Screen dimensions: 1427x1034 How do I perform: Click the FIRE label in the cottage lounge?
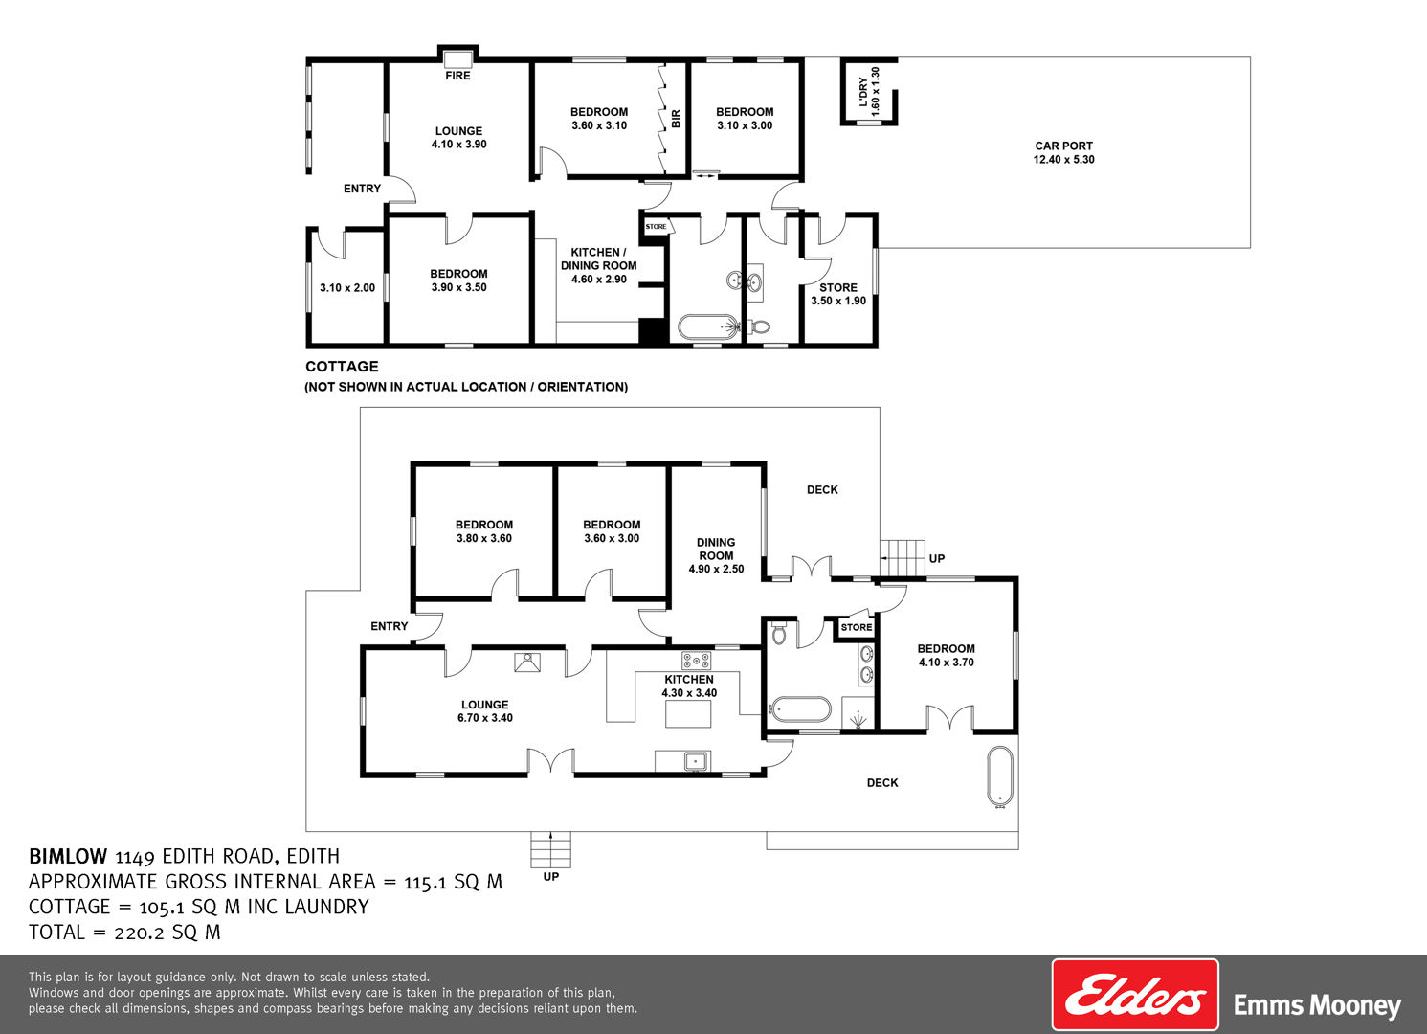coord(457,76)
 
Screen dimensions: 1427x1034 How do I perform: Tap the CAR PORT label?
coord(1063,146)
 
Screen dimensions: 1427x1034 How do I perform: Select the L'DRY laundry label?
coord(863,93)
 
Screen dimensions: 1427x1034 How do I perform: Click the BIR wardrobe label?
coord(676,119)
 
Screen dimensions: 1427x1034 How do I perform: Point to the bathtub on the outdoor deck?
coord(999,776)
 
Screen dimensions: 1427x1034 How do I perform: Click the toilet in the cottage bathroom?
coord(759,327)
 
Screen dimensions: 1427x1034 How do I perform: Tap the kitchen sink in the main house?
coord(696,761)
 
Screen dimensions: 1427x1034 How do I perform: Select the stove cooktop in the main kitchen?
coord(697,660)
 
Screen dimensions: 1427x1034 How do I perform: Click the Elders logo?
coord(1134,995)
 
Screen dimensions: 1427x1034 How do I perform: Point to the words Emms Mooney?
coord(1317,1006)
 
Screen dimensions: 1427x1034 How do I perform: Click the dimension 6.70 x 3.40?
coord(485,718)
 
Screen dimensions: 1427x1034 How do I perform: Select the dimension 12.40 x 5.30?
coord(1063,159)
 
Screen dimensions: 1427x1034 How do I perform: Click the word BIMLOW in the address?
coord(68,856)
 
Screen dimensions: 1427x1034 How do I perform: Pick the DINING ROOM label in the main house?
coord(715,549)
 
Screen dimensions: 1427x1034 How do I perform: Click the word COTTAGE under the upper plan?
coord(342,367)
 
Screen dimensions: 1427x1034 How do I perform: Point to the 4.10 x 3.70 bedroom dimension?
coord(946,662)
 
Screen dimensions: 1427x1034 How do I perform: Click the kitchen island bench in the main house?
coord(688,713)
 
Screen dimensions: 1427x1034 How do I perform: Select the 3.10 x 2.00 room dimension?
coord(347,288)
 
